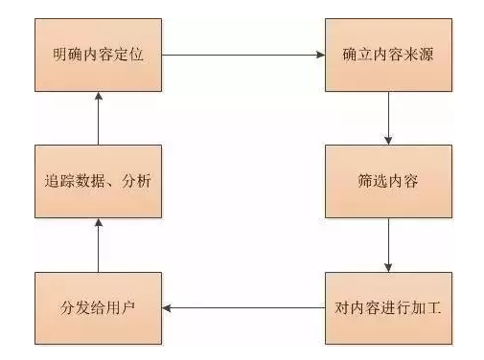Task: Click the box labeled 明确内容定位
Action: pyautogui.click(x=99, y=54)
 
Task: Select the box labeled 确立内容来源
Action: pyautogui.click(x=387, y=54)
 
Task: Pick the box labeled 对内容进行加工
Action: pyautogui.click(x=387, y=308)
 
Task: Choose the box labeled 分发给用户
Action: pyautogui.click(x=99, y=308)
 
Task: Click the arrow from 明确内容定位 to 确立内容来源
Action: pyautogui.click(x=242, y=55)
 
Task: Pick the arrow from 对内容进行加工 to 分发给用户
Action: pyautogui.click(x=242, y=308)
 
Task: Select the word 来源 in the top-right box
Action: pyautogui.click(x=421, y=54)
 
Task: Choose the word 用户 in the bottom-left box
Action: pyautogui.click(x=120, y=308)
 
